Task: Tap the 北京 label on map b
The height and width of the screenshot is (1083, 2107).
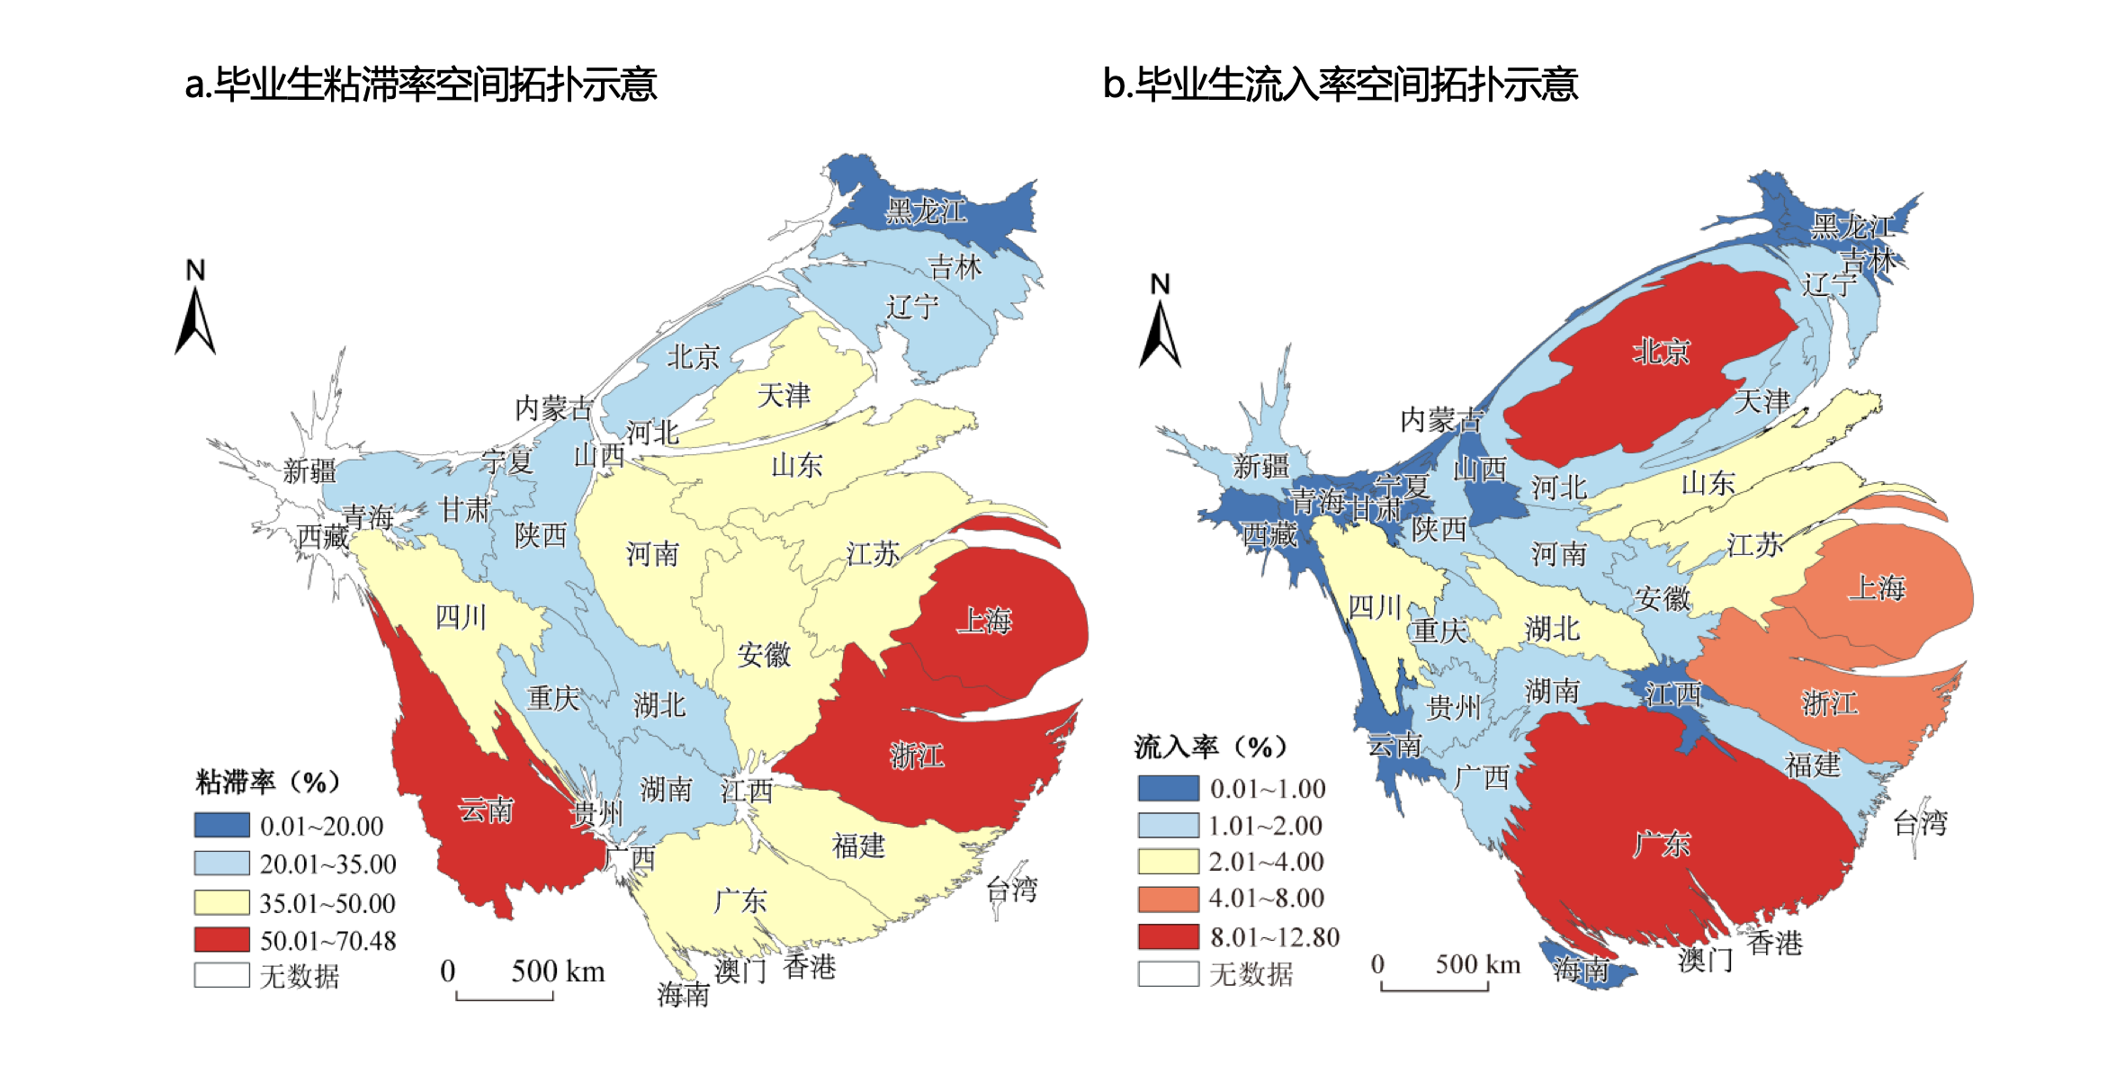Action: coord(1661,352)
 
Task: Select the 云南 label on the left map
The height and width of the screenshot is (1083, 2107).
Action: coord(486,810)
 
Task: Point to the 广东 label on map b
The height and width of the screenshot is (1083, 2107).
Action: coord(1661,844)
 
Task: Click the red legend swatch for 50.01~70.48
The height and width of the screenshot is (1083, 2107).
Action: coord(221,940)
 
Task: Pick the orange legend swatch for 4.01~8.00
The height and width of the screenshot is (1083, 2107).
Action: coord(1168,899)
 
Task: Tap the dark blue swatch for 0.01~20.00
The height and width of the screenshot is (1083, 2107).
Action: coord(221,825)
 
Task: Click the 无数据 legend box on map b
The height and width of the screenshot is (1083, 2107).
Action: coord(1168,974)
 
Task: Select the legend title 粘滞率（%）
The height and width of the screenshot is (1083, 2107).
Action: coord(268,782)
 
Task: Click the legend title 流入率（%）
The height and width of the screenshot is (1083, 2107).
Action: coord(1211,747)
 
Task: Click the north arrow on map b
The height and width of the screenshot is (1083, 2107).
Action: coord(1160,322)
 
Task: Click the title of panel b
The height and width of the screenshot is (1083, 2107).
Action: coord(1340,85)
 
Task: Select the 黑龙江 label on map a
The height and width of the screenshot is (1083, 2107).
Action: coord(926,211)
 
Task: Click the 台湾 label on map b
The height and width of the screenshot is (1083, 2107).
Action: coord(1919,823)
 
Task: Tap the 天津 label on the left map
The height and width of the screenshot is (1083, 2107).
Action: coord(784,396)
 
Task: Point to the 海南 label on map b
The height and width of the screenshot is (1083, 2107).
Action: coord(1581,969)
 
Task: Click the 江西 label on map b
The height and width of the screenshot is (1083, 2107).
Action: coord(1672,694)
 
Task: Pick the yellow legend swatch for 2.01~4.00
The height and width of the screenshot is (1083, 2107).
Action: coord(1168,862)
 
